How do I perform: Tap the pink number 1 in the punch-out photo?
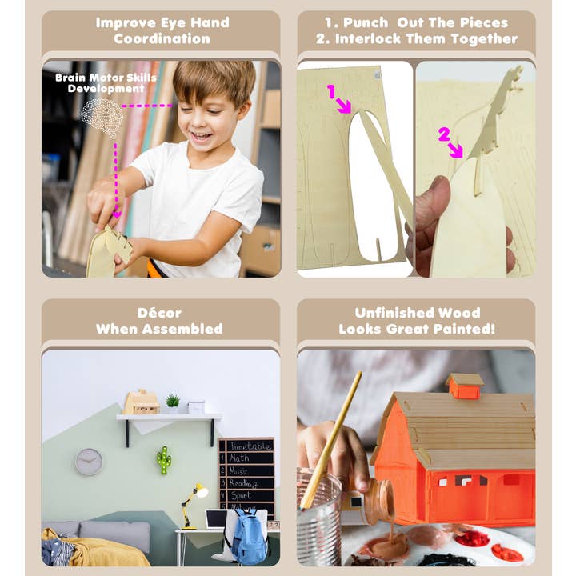[x=331, y=92]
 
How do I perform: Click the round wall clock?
[x=89, y=462]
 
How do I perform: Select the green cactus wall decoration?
[x=164, y=460]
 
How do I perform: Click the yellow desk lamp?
[x=193, y=501]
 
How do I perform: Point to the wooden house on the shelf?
[x=142, y=402]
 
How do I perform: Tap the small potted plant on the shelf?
[x=173, y=401]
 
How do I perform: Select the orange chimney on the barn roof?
[x=465, y=386]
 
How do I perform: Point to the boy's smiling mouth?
[x=202, y=137]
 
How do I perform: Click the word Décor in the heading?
[x=159, y=313]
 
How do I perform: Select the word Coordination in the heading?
[x=162, y=38]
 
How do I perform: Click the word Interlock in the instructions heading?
[x=379, y=38]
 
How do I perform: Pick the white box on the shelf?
[x=196, y=406]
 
